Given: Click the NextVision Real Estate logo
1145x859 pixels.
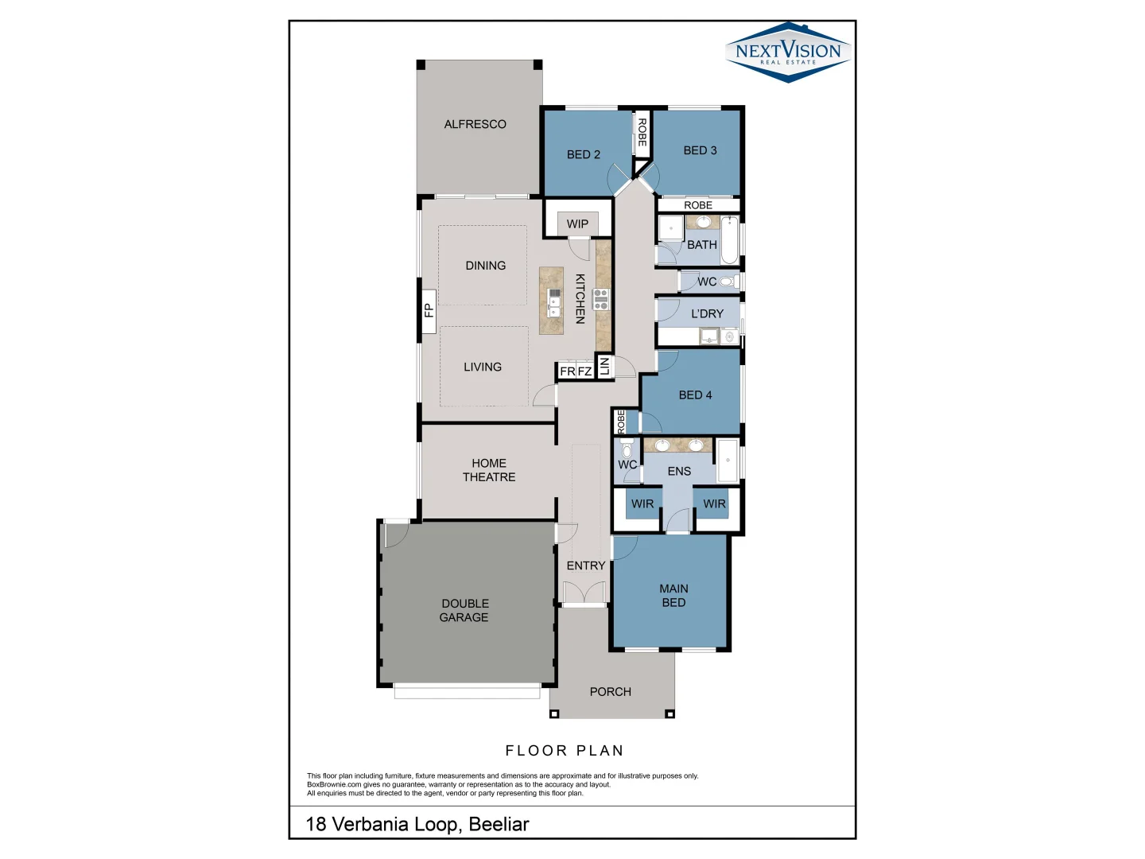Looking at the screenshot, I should [x=788, y=52].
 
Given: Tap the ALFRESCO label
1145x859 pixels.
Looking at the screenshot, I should [x=475, y=124].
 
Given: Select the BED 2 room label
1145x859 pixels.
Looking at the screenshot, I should [x=583, y=154].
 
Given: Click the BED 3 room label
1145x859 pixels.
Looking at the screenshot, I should [x=700, y=150].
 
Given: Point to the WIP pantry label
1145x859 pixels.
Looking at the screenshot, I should [x=577, y=223].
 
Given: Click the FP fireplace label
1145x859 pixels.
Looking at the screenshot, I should [x=429, y=310].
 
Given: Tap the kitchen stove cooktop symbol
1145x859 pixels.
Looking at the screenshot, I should [x=600, y=300].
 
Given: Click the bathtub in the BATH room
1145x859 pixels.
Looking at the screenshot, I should [x=728, y=240].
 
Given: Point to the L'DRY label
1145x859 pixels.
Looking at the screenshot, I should [x=707, y=313].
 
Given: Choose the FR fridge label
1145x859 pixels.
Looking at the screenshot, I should [x=567, y=371].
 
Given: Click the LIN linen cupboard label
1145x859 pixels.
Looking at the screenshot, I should [x=604, y=366].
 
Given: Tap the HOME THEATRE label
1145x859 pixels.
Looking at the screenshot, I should [x=488, y=470].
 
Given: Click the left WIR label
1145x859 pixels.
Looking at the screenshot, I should [x=642, y=503].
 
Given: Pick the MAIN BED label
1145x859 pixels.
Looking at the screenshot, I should [x=673, y=596].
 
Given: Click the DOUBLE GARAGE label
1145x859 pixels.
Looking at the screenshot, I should [x=464, y=610].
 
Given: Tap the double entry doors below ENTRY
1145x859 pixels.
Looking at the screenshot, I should [x=584, y=593].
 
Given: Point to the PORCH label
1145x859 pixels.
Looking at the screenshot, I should [x=610, y=692].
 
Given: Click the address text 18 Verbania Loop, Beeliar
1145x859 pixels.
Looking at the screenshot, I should [x=417, y=824].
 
